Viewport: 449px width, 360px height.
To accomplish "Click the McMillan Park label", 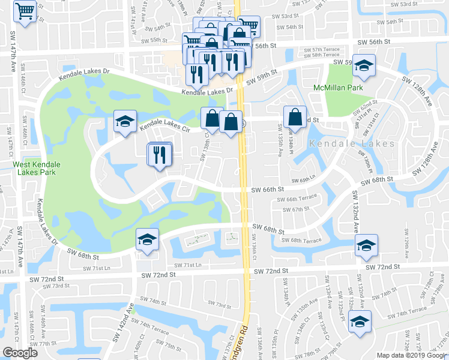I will [x=347, y=88].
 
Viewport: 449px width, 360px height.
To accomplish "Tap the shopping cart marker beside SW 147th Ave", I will [x=25, y=11].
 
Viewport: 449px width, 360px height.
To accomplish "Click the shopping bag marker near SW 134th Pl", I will [x=295, y=116].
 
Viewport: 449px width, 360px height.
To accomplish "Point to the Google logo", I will [x=20, y=353].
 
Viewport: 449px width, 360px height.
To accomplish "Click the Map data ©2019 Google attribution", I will [x=412, y=355].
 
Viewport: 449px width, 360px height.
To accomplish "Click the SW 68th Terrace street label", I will [x=306, y=241].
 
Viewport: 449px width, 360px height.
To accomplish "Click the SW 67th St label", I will [x=297, y=209].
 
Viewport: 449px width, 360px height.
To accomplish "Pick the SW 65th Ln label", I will [x=304, y=179].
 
